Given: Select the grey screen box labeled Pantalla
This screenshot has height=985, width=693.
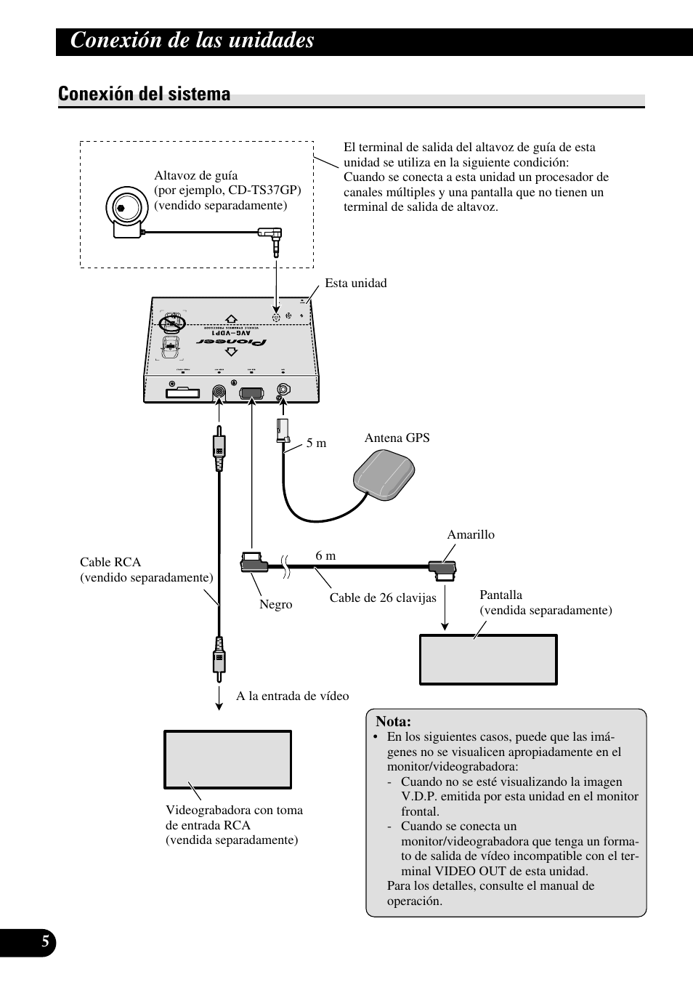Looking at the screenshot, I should [488, 659].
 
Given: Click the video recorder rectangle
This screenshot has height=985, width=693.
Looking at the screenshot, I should [227, 760].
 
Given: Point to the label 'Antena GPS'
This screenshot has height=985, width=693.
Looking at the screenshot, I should [397, 438].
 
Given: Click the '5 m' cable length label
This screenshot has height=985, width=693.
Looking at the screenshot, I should [316, 443].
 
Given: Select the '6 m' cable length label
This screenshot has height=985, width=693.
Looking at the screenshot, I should [325, 555].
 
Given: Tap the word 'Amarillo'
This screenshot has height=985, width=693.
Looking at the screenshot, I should [471, 534].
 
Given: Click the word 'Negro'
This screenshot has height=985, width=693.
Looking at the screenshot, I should [276, 604].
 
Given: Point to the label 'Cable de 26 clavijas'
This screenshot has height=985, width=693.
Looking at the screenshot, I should [383, 598].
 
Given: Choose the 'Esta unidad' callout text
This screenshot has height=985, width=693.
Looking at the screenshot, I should [356, 283].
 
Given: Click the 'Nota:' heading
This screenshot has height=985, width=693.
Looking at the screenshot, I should [393, 722].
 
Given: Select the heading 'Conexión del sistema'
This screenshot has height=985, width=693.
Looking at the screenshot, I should [145, 94].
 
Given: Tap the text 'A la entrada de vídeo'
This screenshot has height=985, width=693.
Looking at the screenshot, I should [292, 696].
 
